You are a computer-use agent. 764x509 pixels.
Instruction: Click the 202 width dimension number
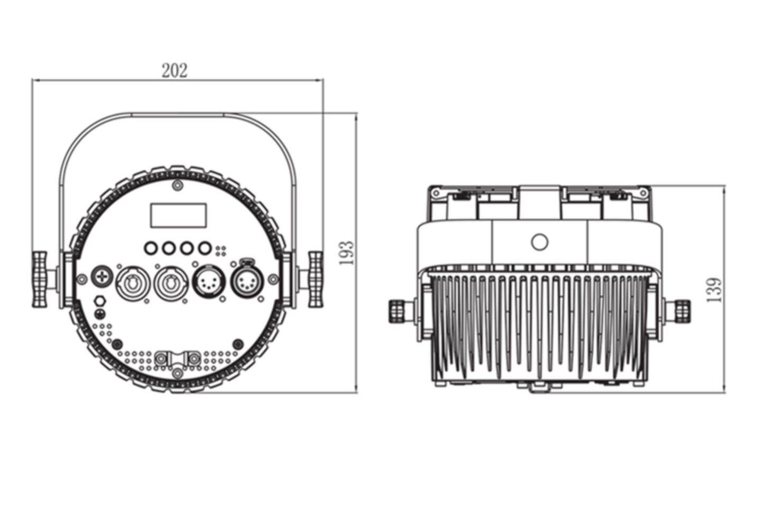174,71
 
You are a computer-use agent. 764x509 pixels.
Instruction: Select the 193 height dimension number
347,253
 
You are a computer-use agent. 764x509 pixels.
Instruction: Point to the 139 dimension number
714,290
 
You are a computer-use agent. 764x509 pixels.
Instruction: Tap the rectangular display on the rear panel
178,216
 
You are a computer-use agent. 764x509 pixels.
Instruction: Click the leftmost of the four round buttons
151,248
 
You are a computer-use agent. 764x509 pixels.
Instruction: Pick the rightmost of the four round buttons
205,248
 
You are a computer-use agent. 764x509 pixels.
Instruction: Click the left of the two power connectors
133,283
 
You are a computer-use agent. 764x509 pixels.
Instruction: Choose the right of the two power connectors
171,283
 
